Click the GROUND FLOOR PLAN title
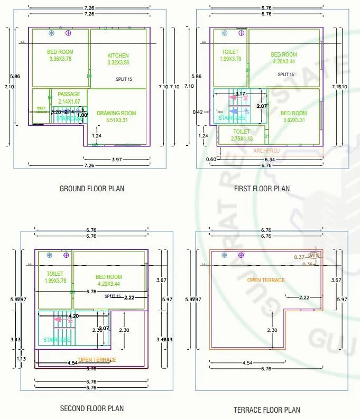pos(92,189)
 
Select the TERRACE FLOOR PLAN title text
pos(266,409)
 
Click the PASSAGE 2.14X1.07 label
pos(69,98)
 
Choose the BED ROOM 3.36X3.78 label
pos(60,55)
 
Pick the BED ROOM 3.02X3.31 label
pos(293,116)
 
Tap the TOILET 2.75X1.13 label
pos(241,135)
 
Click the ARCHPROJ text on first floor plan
pos(266,151)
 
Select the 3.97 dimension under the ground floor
pos(117,160)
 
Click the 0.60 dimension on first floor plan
pos(211,159)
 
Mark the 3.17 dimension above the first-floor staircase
pos(240,94)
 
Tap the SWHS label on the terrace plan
pos(314,255)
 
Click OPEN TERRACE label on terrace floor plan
pos(266,280)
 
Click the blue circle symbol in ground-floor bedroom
pos(51,33)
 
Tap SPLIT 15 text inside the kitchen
pos(124,79)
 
